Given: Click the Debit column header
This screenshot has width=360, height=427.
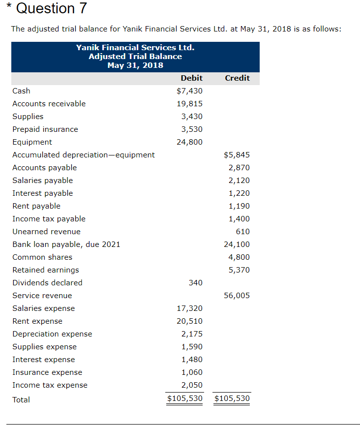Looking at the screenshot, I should point(191,78).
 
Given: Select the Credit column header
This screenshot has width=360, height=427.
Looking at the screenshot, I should point(237,78).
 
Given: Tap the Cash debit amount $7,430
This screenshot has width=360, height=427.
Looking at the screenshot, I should point(189,91).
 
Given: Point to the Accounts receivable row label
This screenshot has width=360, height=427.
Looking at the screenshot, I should point(49,104).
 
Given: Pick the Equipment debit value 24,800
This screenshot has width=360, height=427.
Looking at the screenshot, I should point(189,142).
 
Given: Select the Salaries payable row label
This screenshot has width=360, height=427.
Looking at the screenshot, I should point(42,181).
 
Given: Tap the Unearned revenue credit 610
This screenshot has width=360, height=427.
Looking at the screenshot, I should point(243,232).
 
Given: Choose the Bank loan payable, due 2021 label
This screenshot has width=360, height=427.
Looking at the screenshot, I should point(66,244).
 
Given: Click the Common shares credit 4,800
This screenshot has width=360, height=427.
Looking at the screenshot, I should point(239,257).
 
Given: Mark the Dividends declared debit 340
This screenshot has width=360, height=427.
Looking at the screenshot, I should point(196,283).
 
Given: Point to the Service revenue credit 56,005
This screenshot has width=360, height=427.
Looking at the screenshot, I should point(237,296).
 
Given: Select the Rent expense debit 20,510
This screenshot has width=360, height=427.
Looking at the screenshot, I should point(189,321).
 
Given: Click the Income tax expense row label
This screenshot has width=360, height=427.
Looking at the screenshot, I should point(50,385).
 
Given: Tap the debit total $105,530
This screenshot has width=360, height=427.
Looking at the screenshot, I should point(185,398).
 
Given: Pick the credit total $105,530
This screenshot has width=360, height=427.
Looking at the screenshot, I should point(232,398).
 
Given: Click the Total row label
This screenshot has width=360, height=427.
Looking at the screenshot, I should point(21,400).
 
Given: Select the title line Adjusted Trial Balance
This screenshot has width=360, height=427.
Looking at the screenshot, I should point(135,57).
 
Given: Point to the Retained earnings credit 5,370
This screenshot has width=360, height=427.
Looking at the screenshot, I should point(239,270).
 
